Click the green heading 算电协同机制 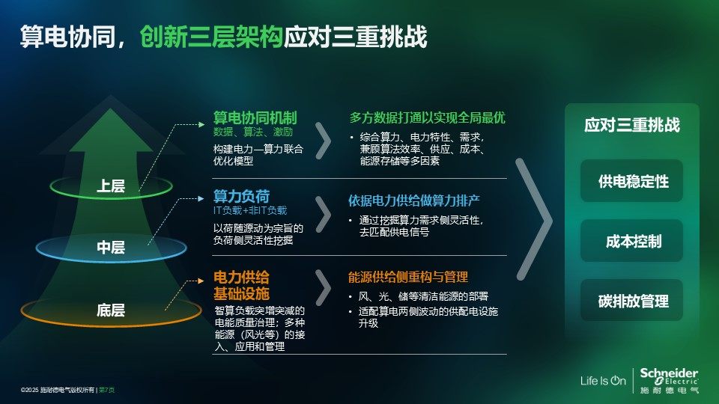(255, 117)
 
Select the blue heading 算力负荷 (241, 196)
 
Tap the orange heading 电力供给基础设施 (241, 285)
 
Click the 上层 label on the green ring (111, 186)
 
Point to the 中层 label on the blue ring (111, 248)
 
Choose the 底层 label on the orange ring (111, 310)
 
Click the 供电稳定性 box (632, 181)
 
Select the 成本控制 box (632, 240)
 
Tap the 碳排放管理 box (632, 300)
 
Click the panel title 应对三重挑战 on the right (632, 125)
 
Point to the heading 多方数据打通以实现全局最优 (427, 117)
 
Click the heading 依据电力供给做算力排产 (413, 201)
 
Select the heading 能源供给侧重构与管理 (407, 277)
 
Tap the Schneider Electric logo (669, 380)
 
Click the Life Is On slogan (603, 381)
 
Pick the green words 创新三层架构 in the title (211, 37)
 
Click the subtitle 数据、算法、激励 (252, 132)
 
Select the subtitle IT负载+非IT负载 (250, 210)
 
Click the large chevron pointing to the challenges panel (534, 219)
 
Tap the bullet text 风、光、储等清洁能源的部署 (422, 296)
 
